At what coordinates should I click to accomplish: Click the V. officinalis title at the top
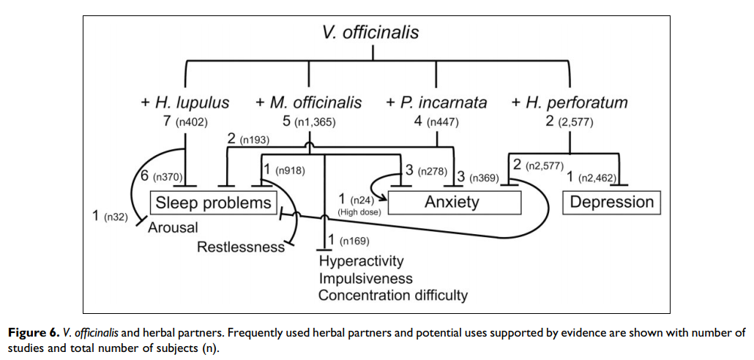tap(371, 32)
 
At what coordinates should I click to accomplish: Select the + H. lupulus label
tap(185, 102)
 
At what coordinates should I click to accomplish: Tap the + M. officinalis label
tap(308, 102)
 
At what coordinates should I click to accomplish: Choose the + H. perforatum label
tap(570, 102)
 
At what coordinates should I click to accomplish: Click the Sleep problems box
tap(212, 202)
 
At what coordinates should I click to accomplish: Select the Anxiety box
tap(452, 202)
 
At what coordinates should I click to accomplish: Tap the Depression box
tap(611, 202)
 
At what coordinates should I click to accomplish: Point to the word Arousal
tap(173, 228)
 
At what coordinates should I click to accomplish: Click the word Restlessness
tap(241, 247)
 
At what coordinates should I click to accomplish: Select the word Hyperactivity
tap(361, 261)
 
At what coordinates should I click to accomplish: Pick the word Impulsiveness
tap(365, 278)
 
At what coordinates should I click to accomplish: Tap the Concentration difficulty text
tap(392, 296)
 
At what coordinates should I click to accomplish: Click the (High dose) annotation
tap(357, 212)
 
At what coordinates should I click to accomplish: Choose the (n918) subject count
tap(290, 170)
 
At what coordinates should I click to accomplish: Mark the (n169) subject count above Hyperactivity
tap(354, 241)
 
